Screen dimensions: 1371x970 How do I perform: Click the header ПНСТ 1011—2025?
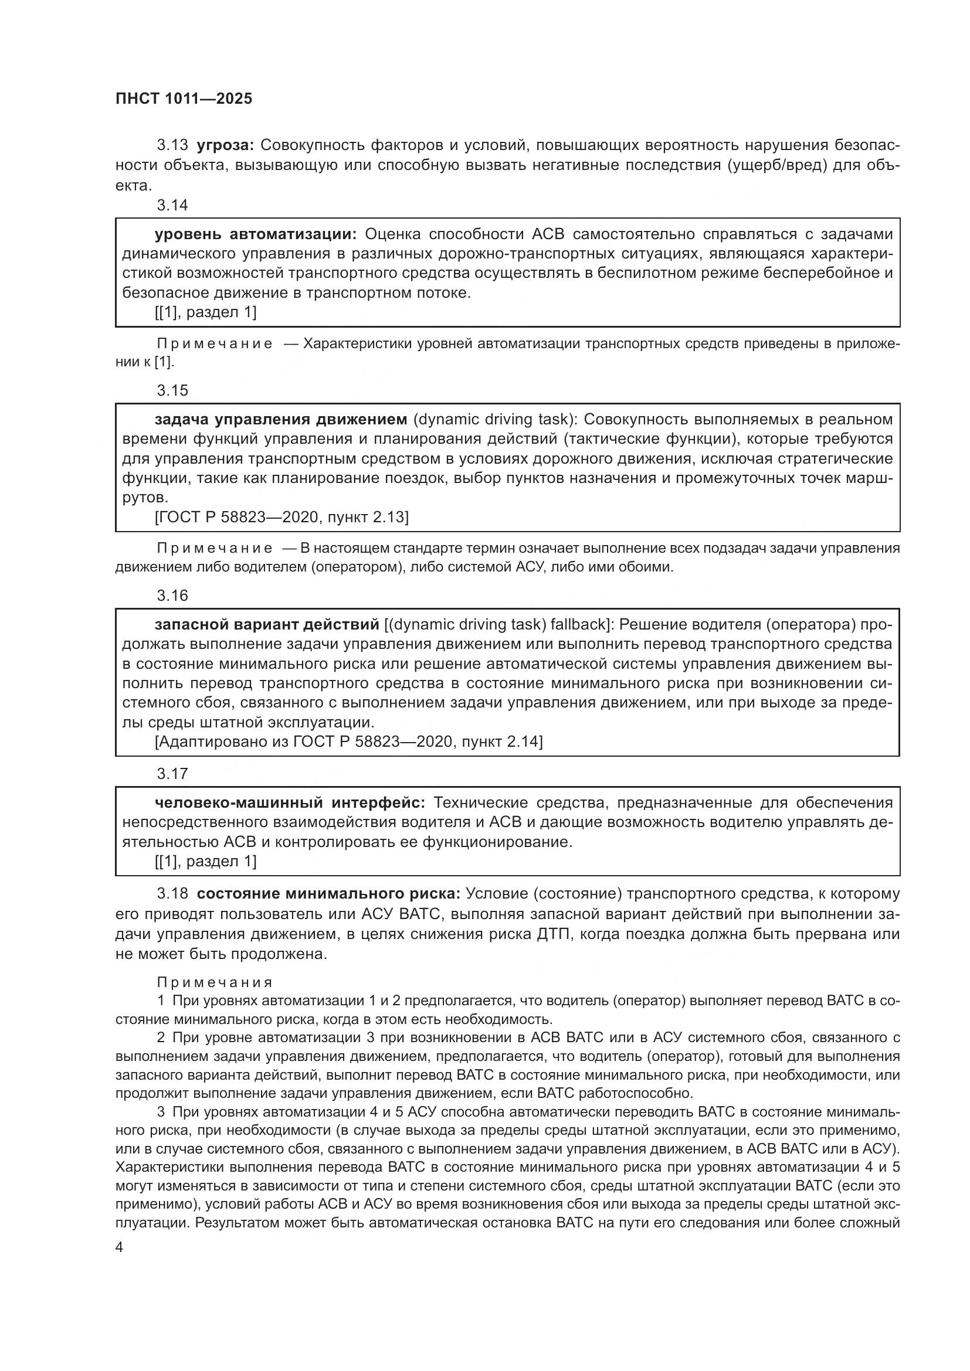[184, 98]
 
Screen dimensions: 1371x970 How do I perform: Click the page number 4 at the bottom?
[120, 1247]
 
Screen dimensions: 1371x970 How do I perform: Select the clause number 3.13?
[172, 145]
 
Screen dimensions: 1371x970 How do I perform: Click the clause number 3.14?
[172, 205]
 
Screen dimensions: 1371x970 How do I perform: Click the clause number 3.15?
[172, 390]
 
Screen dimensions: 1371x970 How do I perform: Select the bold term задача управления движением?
[281, 419]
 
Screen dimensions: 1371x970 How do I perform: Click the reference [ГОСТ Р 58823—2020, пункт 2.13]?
[281, 517]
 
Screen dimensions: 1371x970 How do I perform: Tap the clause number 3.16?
[172, 596]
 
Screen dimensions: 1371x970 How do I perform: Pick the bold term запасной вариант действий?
[267, 625]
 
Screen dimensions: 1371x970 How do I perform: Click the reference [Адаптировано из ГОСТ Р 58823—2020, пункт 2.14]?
[348, 741]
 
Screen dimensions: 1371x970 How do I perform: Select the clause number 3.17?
[172, 774]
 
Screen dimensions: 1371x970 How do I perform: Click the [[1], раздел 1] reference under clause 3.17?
[205, 861]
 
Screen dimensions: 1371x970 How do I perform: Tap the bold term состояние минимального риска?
[328, 894]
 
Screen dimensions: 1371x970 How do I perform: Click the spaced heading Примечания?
[215, 982]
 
